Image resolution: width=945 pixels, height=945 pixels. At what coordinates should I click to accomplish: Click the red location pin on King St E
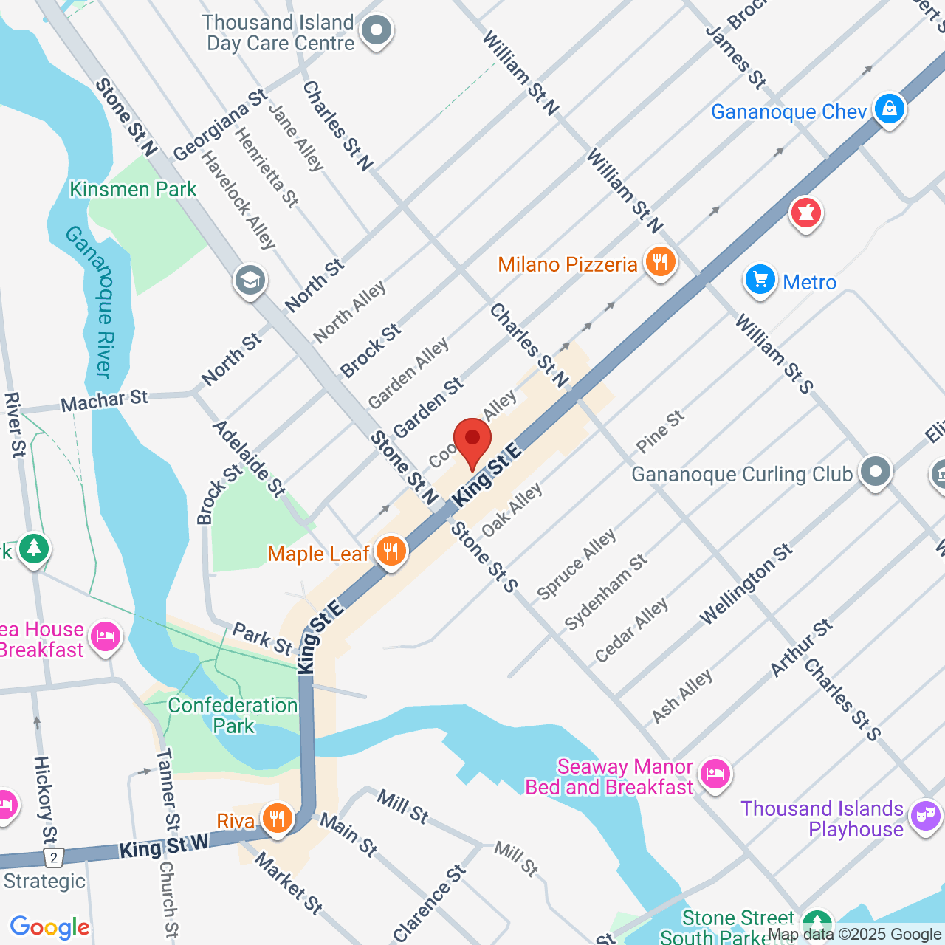coord(472,440)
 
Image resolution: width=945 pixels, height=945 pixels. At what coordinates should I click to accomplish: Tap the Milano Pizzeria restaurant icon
coord(660,263)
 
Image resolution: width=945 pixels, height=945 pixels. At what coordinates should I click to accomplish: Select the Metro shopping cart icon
coord(760,281)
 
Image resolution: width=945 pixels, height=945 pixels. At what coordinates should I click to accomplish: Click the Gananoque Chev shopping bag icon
coord(889,109)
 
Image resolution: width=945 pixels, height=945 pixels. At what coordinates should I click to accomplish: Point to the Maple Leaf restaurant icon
coord(391,551)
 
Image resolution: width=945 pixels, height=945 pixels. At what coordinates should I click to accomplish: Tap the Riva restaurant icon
coord(277,819)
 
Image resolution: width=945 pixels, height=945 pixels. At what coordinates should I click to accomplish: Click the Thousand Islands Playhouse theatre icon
coord(925,817)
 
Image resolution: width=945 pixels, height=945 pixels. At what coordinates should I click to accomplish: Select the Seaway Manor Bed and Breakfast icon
coord(715,774)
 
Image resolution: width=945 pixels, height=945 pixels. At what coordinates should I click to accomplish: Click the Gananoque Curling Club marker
coord(876,472)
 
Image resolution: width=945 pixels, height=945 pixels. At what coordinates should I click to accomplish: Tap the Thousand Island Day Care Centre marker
coord(377,31)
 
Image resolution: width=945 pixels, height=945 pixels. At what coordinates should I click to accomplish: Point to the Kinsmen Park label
coord(133,190)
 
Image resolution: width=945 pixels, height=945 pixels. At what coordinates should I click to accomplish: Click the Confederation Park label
coord(233,715)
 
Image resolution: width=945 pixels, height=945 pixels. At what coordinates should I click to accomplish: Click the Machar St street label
coord(104,401)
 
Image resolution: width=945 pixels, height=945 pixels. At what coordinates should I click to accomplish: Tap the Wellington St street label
coord(746,584)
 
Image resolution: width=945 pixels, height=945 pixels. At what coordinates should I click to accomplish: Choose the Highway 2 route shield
coord(53,858)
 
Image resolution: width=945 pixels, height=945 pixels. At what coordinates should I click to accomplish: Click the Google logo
coord(50,927)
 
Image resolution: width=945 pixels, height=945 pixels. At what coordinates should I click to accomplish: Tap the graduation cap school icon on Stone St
coord(250,281)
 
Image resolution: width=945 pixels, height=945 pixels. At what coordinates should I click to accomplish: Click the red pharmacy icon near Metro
coord(805,213)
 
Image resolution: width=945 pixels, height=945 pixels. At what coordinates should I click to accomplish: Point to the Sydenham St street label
coord(605,591)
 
